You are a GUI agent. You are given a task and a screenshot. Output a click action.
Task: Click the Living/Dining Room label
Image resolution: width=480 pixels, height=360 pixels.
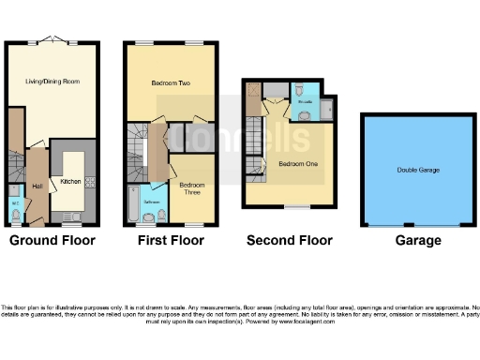(x=52, y=82)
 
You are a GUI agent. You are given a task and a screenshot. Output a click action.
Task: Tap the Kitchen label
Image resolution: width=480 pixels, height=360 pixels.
(x=70, y=181)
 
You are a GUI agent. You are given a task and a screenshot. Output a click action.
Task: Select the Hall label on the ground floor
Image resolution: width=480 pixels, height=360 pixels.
(x=37, y=187)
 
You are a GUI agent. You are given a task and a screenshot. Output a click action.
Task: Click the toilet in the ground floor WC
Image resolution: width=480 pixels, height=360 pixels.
(x=16, y=215)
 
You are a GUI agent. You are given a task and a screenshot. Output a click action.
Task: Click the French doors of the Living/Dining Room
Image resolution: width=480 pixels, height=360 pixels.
(x=52, y=42)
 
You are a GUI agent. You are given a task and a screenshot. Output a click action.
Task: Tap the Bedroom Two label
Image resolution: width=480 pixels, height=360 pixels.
(x=172, y=83)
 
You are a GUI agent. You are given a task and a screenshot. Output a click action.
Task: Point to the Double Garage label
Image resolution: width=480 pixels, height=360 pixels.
(x=417, y=170)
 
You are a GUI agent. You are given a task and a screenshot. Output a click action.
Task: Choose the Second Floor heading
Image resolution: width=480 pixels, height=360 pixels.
(x=289, y=241)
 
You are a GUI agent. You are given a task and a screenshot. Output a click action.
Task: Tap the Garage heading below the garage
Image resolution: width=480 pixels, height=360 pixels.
(x=417, y=241)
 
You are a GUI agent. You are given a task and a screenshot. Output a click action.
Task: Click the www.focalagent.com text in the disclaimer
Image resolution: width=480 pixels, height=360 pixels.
(x=300, y=322)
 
